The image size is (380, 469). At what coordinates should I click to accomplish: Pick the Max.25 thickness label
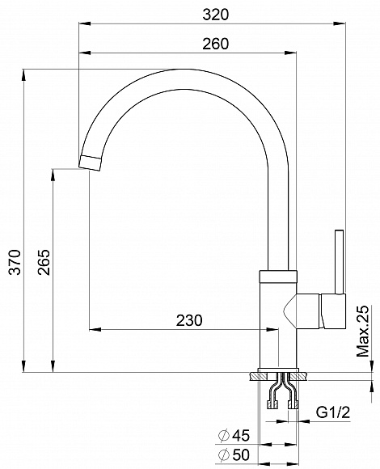363,329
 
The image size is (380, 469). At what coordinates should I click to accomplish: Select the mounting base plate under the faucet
282,375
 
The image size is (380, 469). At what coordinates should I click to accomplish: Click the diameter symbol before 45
223,437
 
